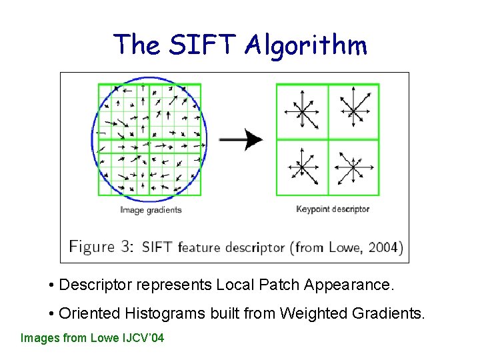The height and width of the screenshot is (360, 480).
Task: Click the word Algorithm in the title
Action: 306,45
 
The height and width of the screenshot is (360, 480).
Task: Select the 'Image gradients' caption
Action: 151,210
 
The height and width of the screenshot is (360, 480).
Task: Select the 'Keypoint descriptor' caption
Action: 332,209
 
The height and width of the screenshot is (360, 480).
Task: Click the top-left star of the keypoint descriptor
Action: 301,111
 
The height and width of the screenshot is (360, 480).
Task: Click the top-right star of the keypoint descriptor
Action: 353,111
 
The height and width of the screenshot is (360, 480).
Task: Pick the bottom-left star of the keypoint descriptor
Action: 301,167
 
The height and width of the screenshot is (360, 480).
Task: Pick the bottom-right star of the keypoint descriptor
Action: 352,167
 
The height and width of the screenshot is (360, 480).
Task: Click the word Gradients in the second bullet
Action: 390,313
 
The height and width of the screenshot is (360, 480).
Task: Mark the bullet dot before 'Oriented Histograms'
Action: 52,313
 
